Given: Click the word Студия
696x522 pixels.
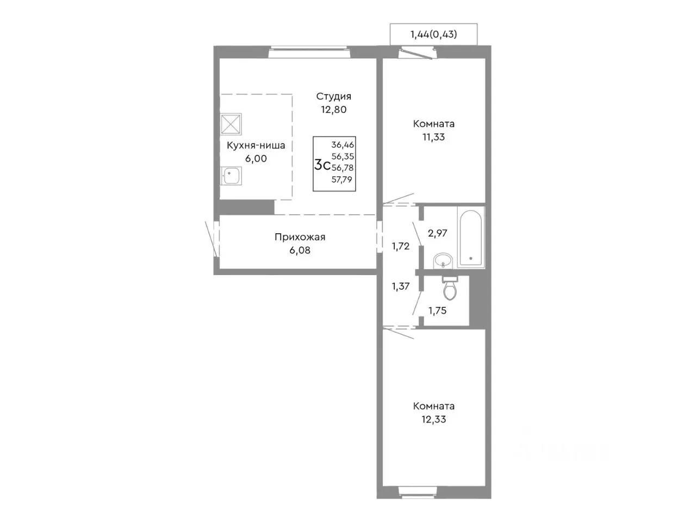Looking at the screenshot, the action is tap(333, 97).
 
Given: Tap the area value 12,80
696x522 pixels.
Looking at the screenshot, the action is tap(333, 110).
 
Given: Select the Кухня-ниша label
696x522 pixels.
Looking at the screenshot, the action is tap(256, 146).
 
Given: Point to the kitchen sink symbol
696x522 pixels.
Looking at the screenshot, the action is tap(231, 176).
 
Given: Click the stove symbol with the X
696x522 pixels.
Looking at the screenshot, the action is tap(231, 124).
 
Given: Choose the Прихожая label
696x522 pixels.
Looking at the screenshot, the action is tap(300, 237).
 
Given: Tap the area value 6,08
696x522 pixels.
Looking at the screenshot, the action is tap(300, 250).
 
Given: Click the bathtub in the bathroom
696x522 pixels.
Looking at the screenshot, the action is tap(470, 238).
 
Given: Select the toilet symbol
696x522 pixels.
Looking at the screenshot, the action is tap(450, 288).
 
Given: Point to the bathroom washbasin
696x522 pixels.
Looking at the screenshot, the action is tap(444, 260).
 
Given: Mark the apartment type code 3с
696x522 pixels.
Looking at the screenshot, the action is tap(322, 165).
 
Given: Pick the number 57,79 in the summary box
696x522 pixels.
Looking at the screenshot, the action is tap(342, 179).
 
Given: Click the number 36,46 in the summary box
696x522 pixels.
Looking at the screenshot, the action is tap(343, 145).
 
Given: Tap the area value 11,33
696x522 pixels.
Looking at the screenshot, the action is tap(433, 137).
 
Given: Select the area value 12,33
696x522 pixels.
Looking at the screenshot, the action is tap(433, 420).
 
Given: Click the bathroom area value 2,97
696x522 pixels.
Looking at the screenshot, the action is tap(437, 234).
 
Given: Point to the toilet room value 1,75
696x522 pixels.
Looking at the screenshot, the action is tap(437, 311).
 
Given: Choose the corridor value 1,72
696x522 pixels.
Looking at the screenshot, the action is tap(401, 246).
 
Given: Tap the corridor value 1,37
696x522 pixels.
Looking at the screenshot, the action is tap(401, 287).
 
